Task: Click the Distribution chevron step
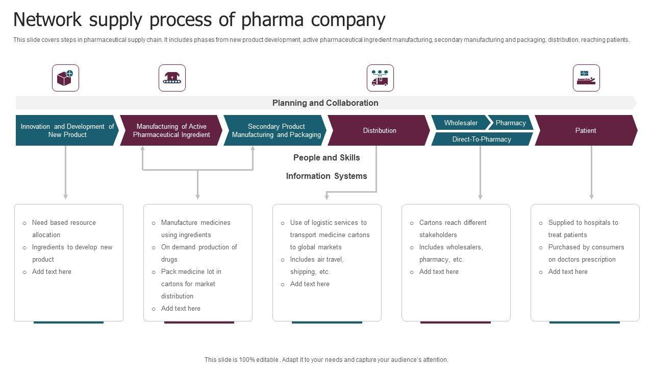pyautogui.click(x=379, y=130)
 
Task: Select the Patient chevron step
pyautogui.click(x=586, y=130)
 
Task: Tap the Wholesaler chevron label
pyautogui.click(x=461, y=123)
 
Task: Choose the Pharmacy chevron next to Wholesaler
pyautogui.click(x=511, y=123)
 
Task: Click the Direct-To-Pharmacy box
pyautogui.click(x=482, y=139)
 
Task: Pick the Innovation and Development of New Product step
pyautogui.click(x=67, y=130)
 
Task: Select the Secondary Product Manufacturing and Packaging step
pyautogui.click(x=276, y=130)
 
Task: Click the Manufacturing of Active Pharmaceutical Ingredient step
pyautogui.click(x=171, y=130)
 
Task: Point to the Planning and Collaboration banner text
pyautogui.click(x=325, y=103)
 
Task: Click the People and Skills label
pyautogui.click(x=326, y=157)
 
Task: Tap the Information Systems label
pyautogui.click(x=326, y=176)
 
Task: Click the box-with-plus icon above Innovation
pyautogui.click(x=65, y=78)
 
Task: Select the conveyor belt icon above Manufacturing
pyautogui.click(x=172, y=78)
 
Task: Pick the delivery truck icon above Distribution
pyautogui.click(x=380, y=78)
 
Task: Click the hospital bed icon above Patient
pyautogui.click(x=586, y=78)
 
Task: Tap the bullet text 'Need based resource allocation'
pyautogui.click(x=64, y=228)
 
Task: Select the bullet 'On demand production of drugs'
pyautogui.click(x=199, y=253)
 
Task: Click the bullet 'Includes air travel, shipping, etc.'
pyautogui.click(x=317, y=265)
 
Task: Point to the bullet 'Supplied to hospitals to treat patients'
pyautogui.click(x=583, y=228)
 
